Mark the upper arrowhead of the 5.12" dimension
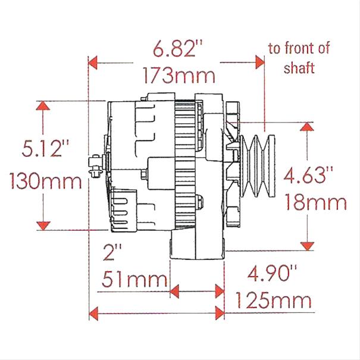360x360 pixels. click(x=42, y=105)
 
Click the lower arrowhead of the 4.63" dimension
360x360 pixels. click(x=307, y=245)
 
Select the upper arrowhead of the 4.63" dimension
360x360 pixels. click(x=307, y=127)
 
